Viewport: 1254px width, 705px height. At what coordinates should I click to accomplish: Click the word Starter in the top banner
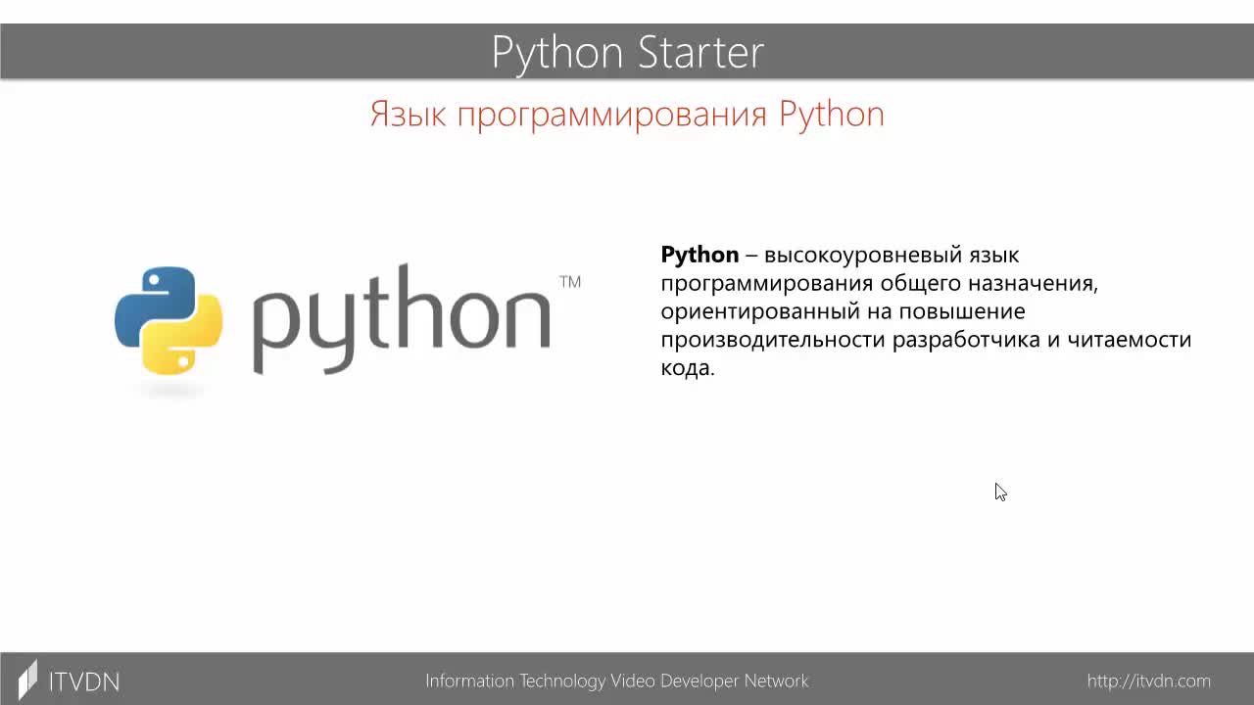pos(700,52)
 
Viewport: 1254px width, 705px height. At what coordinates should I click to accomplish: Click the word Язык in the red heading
pos(409,115)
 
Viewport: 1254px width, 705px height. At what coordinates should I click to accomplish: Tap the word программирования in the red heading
pos(612,117)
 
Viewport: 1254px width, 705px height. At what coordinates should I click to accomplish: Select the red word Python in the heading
pos(832,116)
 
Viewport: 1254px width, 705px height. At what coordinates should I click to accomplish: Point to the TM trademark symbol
pos(570,281)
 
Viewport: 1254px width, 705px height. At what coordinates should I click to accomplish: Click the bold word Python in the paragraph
pos(699,255)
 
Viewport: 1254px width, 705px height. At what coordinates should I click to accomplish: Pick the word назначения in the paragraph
pos(1034,283)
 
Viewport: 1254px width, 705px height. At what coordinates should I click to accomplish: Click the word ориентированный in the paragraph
pos(759,312)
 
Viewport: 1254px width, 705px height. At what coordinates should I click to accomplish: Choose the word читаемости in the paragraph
pos(1130,340)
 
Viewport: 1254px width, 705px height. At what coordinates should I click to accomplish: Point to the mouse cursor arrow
pos(1000,492)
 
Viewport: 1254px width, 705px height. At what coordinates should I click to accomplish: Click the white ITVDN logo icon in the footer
pos(28,680)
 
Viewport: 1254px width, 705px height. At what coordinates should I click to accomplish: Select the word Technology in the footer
pos(562,681)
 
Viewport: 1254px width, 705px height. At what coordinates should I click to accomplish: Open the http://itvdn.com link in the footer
pos(1149,681)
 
